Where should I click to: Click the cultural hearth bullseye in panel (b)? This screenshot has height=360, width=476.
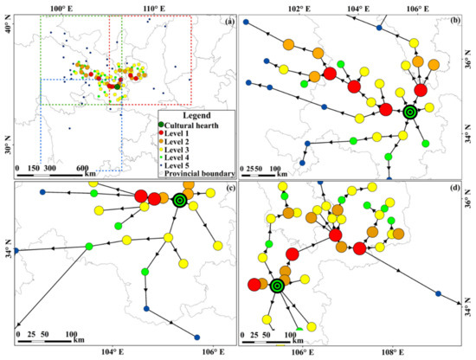pos(410,111)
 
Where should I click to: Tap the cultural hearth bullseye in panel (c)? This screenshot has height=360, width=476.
pos(180,200)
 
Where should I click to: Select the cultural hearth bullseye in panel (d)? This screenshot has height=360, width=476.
pos(277,286)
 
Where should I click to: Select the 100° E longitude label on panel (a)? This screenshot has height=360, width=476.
pos(59,7)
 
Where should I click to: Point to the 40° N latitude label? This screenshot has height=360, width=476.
pos(8,29)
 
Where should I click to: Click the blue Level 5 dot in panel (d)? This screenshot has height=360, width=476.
pos(438,292)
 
